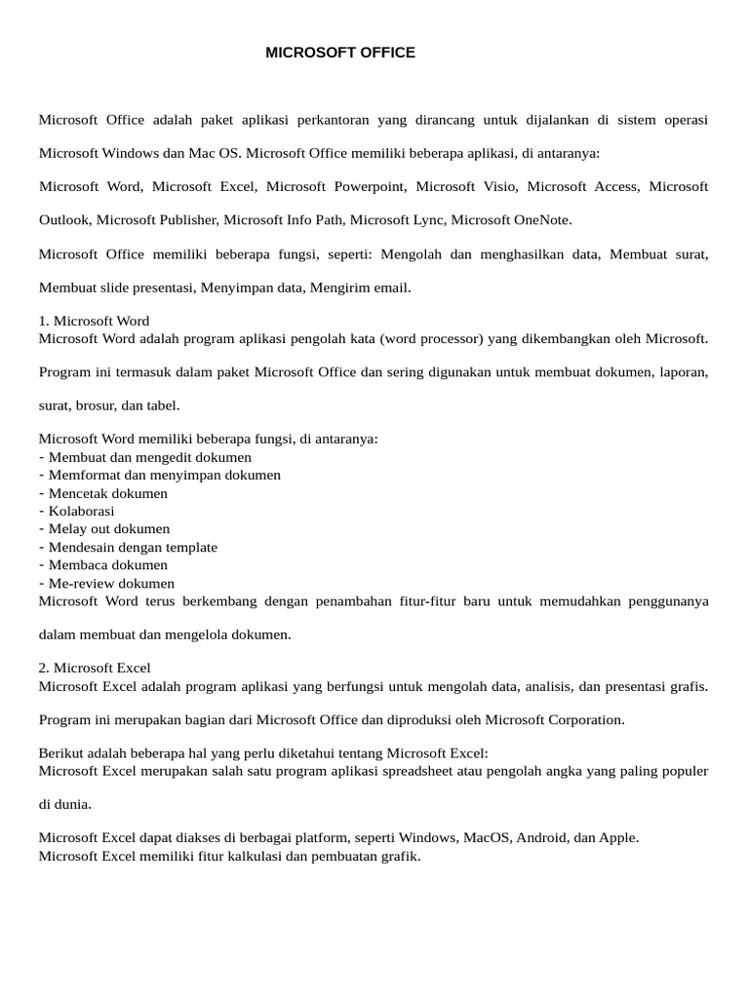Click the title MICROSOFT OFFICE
[340, 53]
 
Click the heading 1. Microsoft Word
[94, 321]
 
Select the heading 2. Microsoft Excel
[95, 668]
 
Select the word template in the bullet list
[190, 547]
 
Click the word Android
[539, 837]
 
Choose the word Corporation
[572, 719]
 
